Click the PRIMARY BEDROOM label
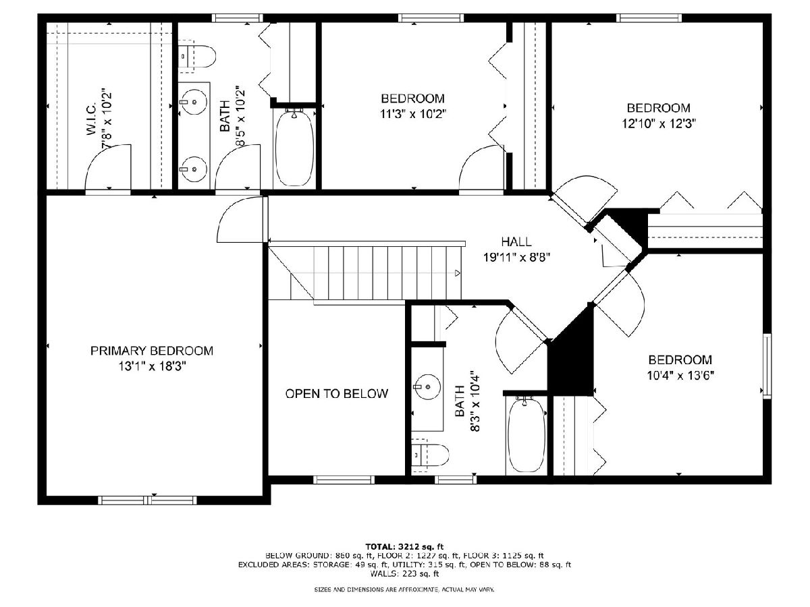pyautogui.click(x=152, y=350)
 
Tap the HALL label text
pyautogui.click(x=516, y=241)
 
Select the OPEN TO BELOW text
pyautogui.click(x=337, y=394)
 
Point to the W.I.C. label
pyautogui.click(x=91, y=119)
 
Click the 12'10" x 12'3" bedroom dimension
pyautogui.click(x=659, y=124)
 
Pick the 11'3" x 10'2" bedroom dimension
pyautogui.click(x=413, y=114)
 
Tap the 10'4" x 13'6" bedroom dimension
pyautogui.click(x=680, y=376)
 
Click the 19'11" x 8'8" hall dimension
pyautogui.click(x=516, y=257)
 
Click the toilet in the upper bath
pyautogui.click(x=196, y=57)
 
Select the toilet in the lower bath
pyautogui.click(x=429, y=455)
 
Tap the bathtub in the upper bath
pyautogui.click(x=295, y=148)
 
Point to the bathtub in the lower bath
pyautogui.click(x=526, y=434)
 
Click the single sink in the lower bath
pyautogui.click(x=427, y=387)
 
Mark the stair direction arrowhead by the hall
pyautogui.click(x=458, y=273)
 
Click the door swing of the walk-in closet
pyautogui.click(x=108, y=168)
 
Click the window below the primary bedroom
pyautogui.click(x=147, y=500)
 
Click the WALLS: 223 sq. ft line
pyautogui.click(x=404, y=573)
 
